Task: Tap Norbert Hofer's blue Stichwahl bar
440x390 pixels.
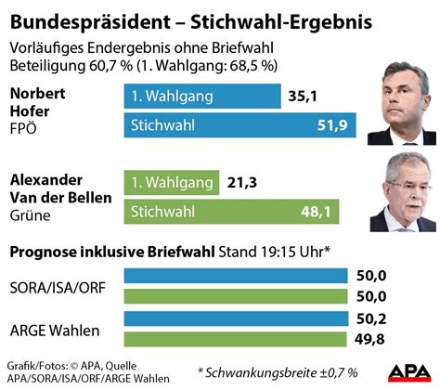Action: click(x=227, y=123)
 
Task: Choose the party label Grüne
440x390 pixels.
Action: click(x=30, y=215)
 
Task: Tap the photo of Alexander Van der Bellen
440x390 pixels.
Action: click(x=402, y=191)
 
